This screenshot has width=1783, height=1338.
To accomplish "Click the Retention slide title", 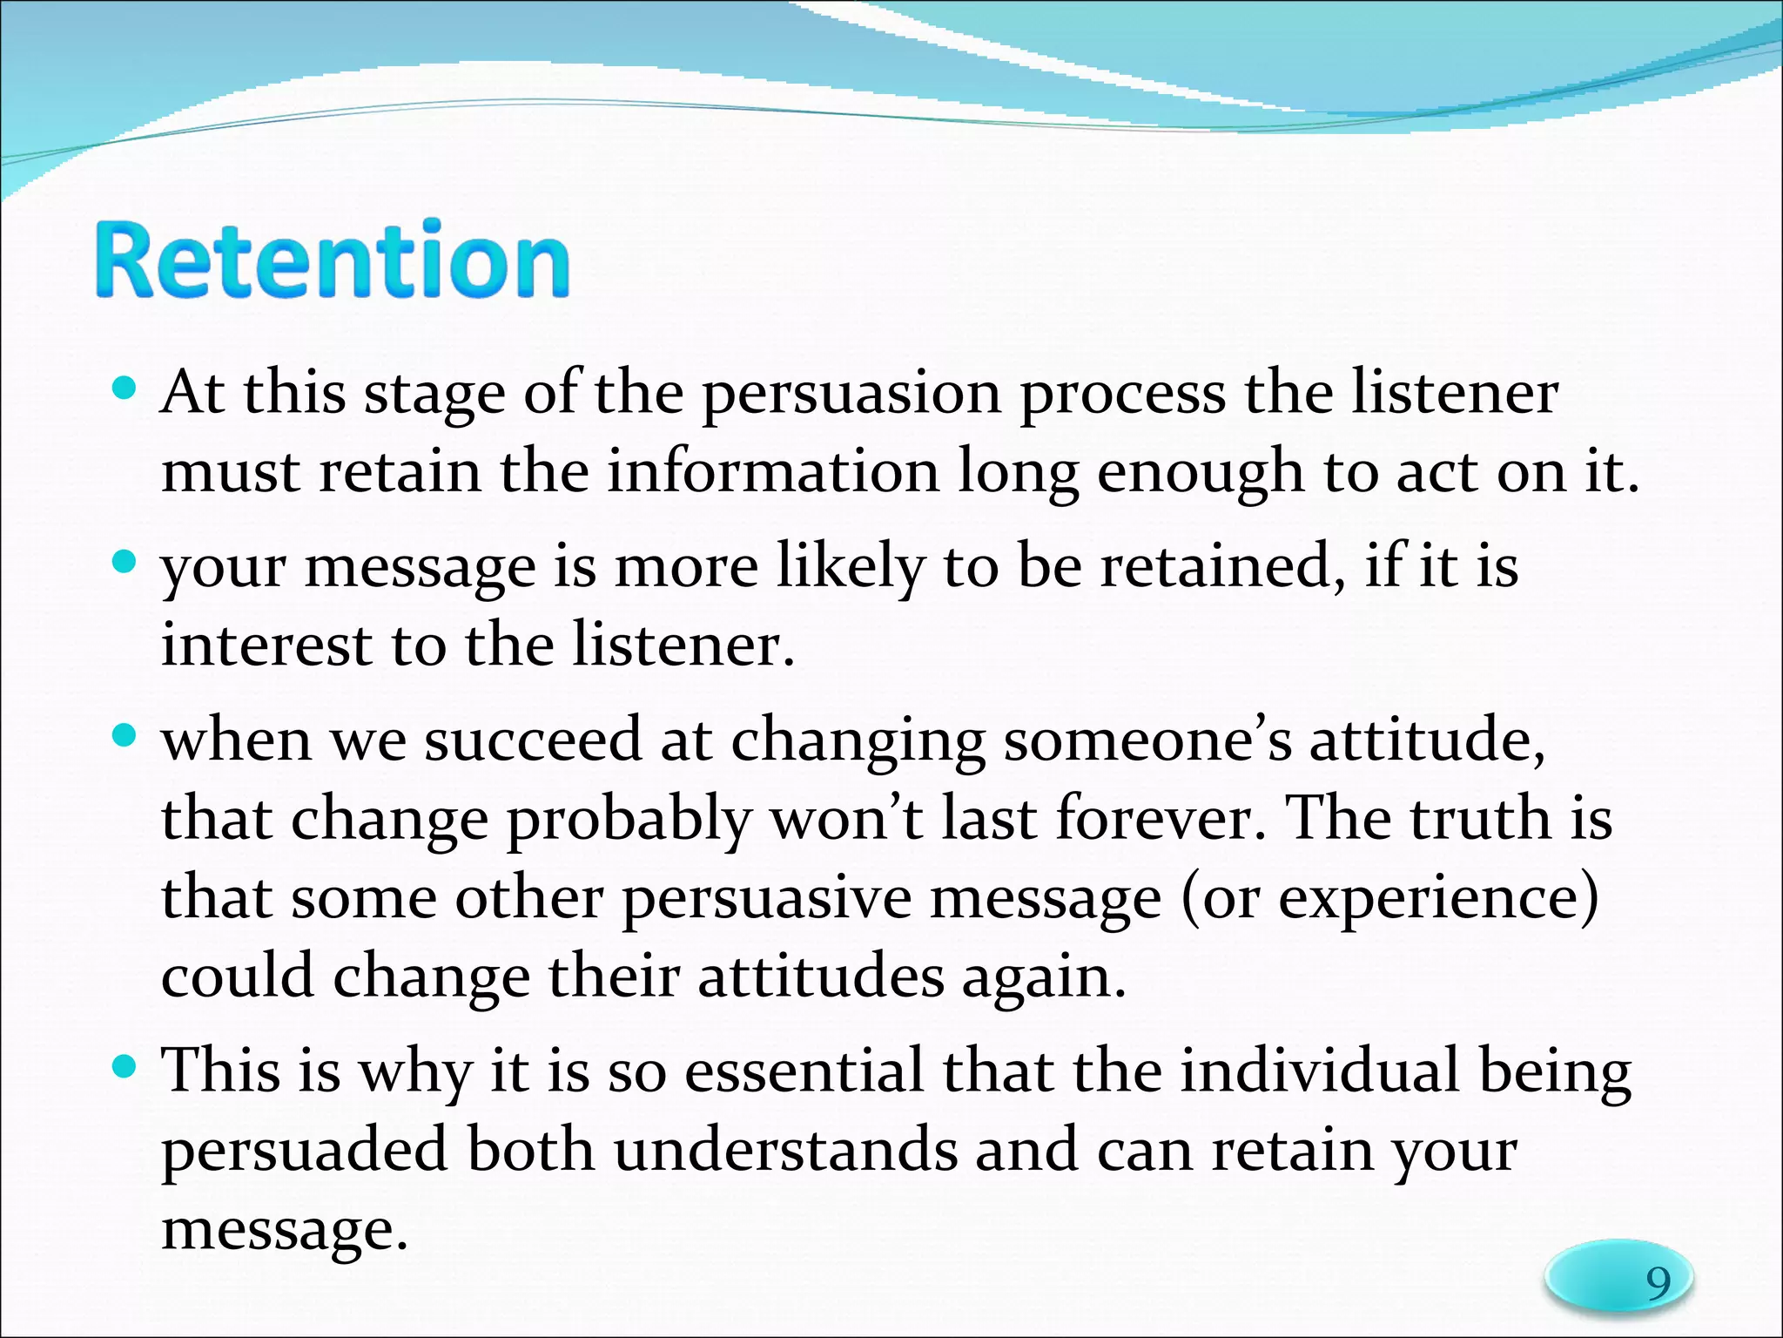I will (x=332, y=260).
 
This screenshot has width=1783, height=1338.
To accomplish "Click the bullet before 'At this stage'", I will (x=126, y=387).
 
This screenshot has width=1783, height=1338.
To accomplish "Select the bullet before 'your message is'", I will (x=126, y=561).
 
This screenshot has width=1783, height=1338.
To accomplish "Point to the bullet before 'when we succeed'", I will (x=126, y=736).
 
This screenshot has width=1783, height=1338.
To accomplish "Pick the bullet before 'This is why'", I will (x=126, y=1066).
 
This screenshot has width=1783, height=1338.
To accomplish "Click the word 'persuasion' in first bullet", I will (x=851, y=394).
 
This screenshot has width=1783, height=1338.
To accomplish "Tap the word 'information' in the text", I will (x=772, y=471).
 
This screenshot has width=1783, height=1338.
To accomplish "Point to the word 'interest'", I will (x=266, y=645).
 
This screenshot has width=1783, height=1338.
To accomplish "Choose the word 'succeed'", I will (x=533, y=740).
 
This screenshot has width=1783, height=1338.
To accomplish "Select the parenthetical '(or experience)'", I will (x=1389, y=898).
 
